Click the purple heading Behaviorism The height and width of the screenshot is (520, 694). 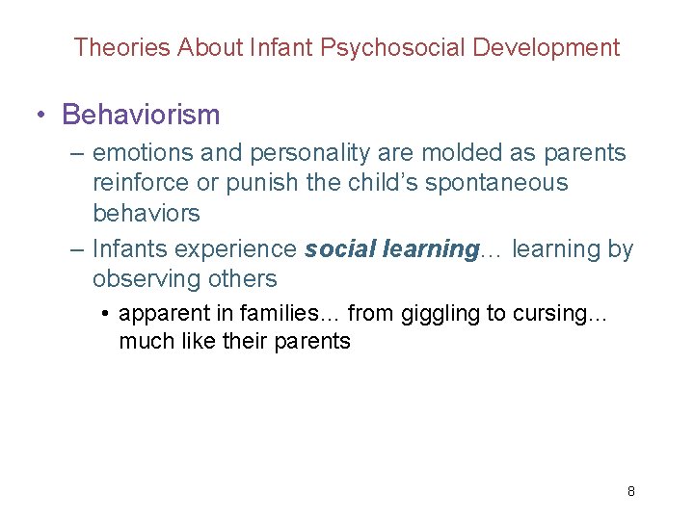click(x=141, y=116)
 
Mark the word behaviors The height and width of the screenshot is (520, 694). click(x=146, y=213)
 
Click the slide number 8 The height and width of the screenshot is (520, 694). click(x=631, y=491)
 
